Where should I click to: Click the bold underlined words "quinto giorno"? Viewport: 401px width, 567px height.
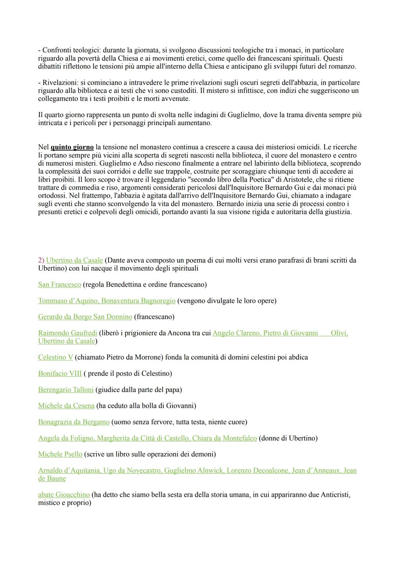(72, 147)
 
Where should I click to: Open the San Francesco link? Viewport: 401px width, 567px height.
(59, 284)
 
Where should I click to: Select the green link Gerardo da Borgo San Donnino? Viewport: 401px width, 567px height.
(85, 317)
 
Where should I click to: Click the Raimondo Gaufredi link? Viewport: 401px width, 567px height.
(68, 333)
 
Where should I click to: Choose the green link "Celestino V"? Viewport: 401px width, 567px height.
(55, 357)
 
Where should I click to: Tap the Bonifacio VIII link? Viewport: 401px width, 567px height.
(60, 374)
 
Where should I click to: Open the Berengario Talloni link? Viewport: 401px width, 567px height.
(66, 390)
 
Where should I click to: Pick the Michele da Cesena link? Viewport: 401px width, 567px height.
(66, 406)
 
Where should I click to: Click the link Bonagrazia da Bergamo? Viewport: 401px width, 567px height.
(74, 422)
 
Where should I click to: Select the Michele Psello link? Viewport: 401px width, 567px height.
(60, 454)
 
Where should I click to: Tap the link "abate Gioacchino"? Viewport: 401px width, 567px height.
(64, 495)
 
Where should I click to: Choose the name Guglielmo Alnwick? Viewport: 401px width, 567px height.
(193, 470)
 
